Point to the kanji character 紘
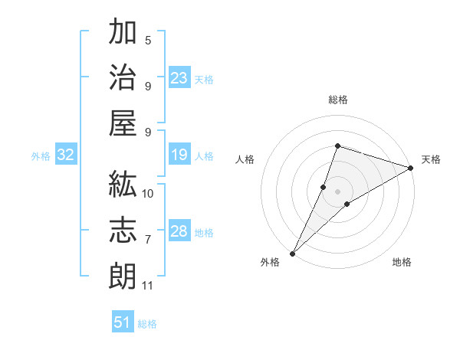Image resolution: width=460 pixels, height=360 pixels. [x=123, y=185]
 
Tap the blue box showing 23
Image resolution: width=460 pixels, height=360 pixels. [x=179, y=78]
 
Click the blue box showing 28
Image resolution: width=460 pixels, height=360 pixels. [x=179, y=232]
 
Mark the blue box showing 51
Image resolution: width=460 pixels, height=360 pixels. [x=123, y=322]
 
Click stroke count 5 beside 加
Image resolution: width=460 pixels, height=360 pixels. [x=148, y=40]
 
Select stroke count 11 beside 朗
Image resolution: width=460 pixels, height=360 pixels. [x=148, y=286]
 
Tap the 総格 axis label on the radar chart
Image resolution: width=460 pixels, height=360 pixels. [x=338, y=100]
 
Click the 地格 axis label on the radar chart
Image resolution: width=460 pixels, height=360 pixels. [x=402, y=262]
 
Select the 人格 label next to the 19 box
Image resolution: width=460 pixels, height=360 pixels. [x=204, y=156]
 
